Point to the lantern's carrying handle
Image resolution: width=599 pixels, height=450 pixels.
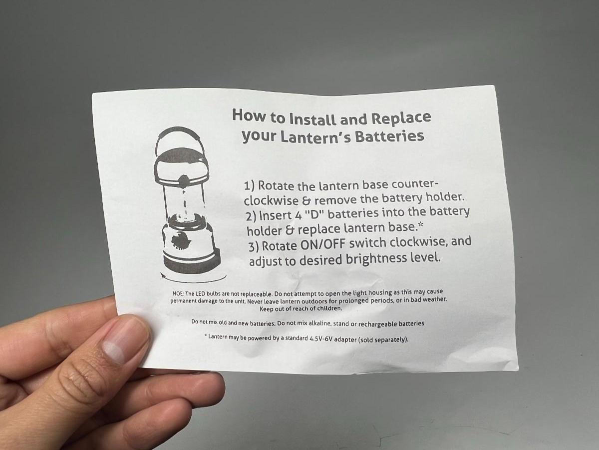click(179, 140)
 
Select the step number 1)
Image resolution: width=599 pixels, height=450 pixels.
click(250, 186)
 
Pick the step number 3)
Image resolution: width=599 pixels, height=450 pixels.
click(254, 247)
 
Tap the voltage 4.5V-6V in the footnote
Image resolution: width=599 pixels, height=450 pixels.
click(321, 338)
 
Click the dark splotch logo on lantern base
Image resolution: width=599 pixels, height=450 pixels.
click(180, 240)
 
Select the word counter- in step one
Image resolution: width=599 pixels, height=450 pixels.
click(415, 184)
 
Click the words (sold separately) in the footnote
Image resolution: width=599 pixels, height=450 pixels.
click(383, 339)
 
